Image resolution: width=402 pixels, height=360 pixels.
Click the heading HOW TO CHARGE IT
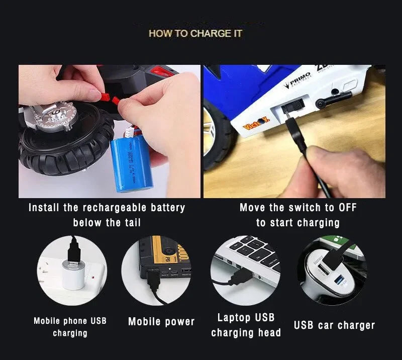point(195,34)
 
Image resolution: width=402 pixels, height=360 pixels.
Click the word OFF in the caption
point(347,207)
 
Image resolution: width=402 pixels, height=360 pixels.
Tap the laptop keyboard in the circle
point(256,254)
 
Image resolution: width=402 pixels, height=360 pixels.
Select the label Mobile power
point(161,322)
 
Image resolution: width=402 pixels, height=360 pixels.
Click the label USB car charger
point(334,325)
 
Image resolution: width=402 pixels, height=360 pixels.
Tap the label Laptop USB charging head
point(246,325)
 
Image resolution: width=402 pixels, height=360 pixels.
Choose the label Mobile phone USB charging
point(70,326)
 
